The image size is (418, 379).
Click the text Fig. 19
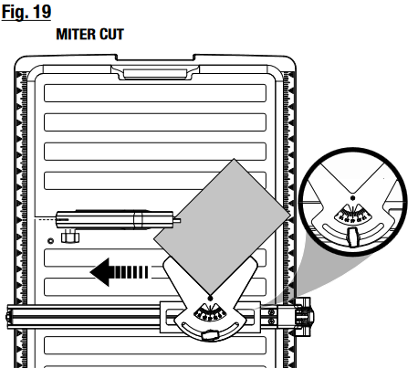click(x=26, y=12)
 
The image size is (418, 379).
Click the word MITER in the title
click(x=76, y=34)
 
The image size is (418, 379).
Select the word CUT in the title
click(x=111, y=34)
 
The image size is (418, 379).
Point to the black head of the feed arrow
click(x=100, y=272)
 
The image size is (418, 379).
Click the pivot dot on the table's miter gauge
click(x=210, y=298)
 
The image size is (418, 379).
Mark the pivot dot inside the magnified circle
click(x=352, y=198)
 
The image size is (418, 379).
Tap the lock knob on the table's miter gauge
click(x=209, y=335)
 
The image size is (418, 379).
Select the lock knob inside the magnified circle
click(x=353, y=237)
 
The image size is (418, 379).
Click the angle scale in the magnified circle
click(x=353, y=214)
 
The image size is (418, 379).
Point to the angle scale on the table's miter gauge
click(x=210, y=312)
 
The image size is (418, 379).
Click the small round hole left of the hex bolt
click(x=50, y=241)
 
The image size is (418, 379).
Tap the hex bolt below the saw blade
click(x=70, y=237)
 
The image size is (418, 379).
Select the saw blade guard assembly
click(x=117, y=219)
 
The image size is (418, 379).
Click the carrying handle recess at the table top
click(x=155, y=74)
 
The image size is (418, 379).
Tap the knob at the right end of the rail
click(x=307, y=317)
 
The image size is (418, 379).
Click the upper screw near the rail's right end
click(x=271, y=312)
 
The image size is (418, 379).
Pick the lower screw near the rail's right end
click(x=271, y=321)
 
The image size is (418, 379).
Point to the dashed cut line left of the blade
click(x=46, y=219)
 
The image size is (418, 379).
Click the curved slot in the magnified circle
click(x=353, y=231)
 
